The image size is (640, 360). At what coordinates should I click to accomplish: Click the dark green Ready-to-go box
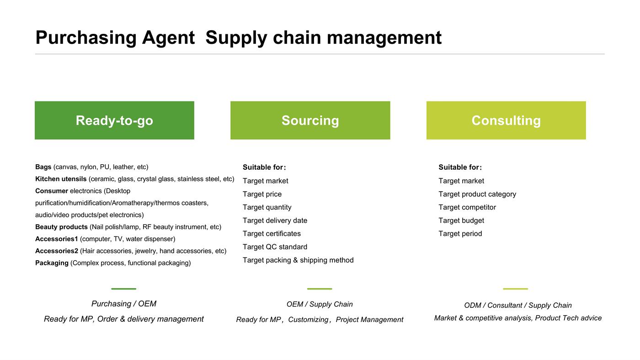pyautogui.click(x=114, y=120)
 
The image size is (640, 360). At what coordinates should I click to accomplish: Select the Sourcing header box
pyautogui.click(x=310, y=120)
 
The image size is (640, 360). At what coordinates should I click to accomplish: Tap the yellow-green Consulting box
pyautogui.click(x=506, y=120)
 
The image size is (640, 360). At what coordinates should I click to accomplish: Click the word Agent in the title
pyautogui.click(x=168, y=38)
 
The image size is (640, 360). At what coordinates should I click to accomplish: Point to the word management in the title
pyautogui.click(x=384, y=38)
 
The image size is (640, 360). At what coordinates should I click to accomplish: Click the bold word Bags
pyautogui.click(x=43, y=167)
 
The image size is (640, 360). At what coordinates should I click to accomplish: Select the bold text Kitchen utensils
pyautogui.click(x=61, y=179)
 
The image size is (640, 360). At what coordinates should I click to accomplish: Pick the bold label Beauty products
pyautogui.click(x=61, y=227)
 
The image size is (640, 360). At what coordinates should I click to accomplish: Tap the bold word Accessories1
pyautogui.click(x=57, y=239)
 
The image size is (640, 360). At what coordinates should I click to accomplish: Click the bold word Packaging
pyautogui.click(x=52, y=263)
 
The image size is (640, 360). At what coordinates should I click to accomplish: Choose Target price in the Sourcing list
pyautogui.click(x=262, y=194)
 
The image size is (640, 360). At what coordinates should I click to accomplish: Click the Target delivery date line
pyautogui.click(x=275, y=220)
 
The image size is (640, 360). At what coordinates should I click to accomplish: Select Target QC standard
pyautogui.click(x=275, y=247)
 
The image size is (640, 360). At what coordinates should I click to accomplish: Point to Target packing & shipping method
pyautogui.click(x=298, y=260)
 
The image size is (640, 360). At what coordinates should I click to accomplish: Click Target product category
pyautogui.click(x=477, y=194)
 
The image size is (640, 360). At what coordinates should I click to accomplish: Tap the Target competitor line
pyautogui.click(x=467, y=207)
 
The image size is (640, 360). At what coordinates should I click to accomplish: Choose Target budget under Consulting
pyautogui.click(x=461, y=220)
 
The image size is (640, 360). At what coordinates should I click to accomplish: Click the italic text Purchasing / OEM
pyautogui.click(x=124, y=304)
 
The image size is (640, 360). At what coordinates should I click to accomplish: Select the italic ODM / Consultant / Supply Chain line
pyautogui.click(x=517, y=306)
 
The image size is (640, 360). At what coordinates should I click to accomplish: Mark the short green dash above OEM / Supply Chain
pyautogui.click(x=320, y=289)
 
